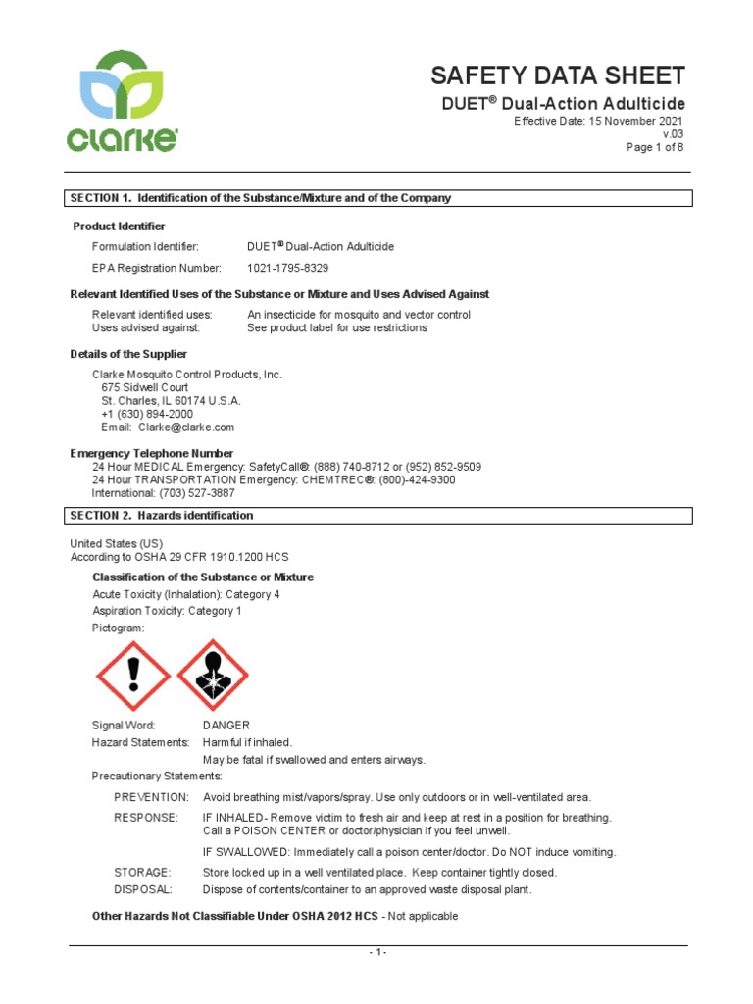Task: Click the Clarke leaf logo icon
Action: (122, 87)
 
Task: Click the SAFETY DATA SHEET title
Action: (558, 75)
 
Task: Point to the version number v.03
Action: (673, 134)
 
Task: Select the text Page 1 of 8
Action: (655, 147)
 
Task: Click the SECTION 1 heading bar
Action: (378, 198)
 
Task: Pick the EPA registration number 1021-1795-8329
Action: (287, 268)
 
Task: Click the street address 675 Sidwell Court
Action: (145, 387)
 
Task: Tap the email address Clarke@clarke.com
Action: (186, 427)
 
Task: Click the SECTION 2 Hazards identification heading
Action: (378, 516)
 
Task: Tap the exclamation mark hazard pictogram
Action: (133, 676)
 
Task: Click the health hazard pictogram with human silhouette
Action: (212, 676)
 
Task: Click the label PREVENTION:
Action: (151, 797)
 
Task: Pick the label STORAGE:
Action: (142, 872)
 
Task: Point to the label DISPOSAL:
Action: (143, 889)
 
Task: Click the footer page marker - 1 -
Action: (378, 953)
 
